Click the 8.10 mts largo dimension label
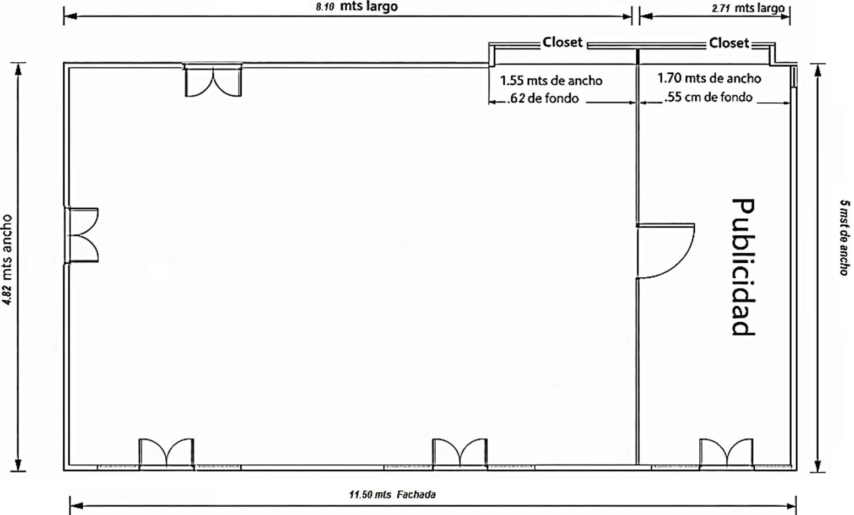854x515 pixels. click(x=357, y=7)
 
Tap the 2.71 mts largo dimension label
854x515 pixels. click(x=748, y=8)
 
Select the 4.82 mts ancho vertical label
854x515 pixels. click(x=7, y=259)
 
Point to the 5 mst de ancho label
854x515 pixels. click(x=845, y=237)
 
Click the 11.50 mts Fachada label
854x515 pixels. click(x=392, y=495)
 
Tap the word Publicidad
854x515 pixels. click(x=743, y=267)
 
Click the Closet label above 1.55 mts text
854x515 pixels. click(x=563, y=42)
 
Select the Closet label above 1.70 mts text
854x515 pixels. click(x=729, y=44)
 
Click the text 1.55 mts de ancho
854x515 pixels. click(x=552, y=81)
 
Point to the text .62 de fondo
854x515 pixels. click(x=543, y=99)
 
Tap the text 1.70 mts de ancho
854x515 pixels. click(x=709, y=79)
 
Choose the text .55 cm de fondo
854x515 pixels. click(x=709, y=97)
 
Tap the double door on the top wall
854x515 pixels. click(x=213, y=80)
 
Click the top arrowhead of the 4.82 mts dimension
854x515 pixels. click(x=18, y=69)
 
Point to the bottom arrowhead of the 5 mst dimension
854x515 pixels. click(x=818, y=466)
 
